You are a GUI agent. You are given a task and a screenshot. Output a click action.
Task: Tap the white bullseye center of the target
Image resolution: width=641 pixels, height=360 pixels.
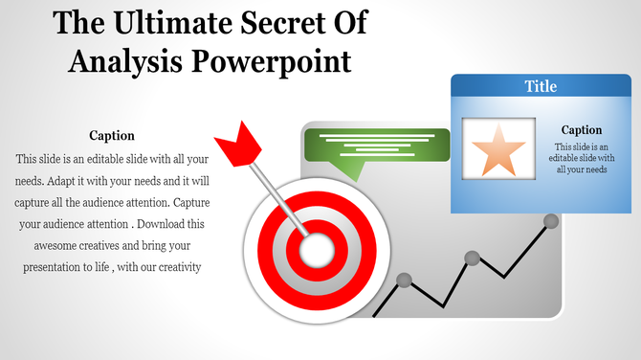click(317, 251)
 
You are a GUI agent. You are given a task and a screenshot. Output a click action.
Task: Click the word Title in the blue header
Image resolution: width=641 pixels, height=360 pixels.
click(541, 87)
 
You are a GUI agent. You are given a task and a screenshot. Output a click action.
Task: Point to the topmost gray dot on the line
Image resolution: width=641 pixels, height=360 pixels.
click(551, 221)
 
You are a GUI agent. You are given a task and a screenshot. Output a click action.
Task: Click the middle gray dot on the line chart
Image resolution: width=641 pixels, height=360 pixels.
click(472, 258)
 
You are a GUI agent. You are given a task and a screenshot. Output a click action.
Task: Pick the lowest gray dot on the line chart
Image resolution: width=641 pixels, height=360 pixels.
click(404, 280)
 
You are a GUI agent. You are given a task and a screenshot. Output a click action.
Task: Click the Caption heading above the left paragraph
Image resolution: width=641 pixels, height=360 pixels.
click(112, 136)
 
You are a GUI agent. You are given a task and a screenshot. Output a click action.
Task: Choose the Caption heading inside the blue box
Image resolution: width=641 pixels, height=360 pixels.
click(582, 130)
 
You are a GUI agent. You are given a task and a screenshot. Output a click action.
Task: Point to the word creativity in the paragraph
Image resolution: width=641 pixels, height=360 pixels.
click(174, 267)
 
